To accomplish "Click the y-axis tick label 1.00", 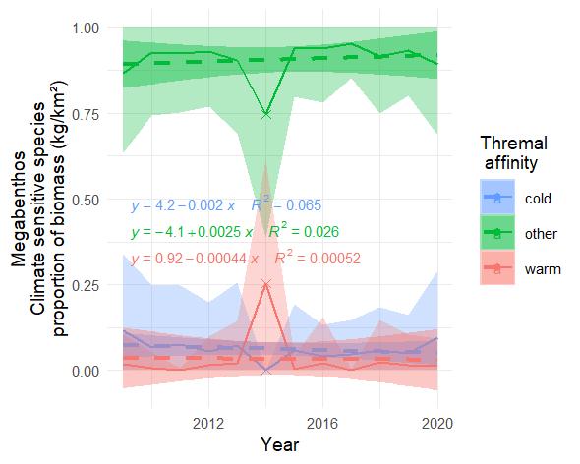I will click(x=92, y=29).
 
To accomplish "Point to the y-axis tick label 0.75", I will click(x=92, y=114).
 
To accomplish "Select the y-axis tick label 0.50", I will click(x=92, y=200).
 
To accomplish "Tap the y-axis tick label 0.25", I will click(x=92, y=285).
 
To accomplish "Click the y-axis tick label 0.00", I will click(x=92, y=371).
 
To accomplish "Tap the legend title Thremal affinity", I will click(x=512, y=152).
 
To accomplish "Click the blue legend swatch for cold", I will click(x=497, y=197).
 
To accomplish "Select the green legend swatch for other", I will click(x=497, y=233).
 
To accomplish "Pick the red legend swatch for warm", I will click(x=497, y=268).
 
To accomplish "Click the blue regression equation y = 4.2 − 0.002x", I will click(x=183, y=206).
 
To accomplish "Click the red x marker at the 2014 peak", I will click(x=266, y=285).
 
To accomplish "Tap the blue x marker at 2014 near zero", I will click(x=266, y=370).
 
